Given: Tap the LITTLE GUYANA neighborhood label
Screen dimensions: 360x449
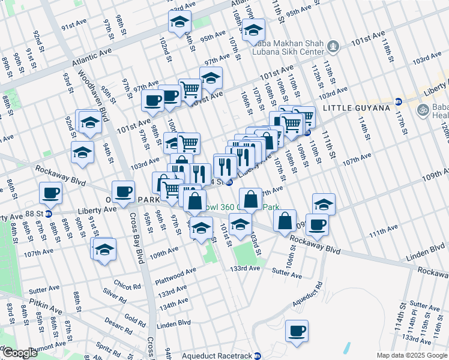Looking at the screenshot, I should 352,108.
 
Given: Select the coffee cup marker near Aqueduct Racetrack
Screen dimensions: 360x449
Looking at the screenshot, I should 296,331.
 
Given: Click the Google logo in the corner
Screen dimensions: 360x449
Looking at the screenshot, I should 19,353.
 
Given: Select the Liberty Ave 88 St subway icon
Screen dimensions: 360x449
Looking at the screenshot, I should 49,213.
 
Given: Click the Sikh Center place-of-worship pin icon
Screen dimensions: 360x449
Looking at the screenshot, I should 334,45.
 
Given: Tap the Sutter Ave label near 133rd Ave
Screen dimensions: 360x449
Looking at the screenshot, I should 287,274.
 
